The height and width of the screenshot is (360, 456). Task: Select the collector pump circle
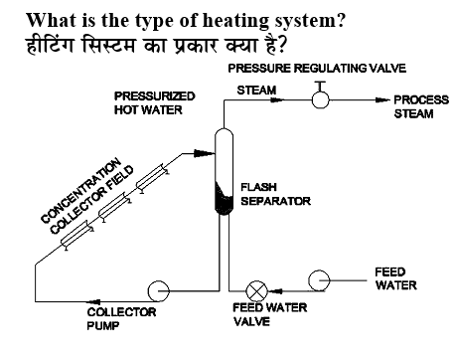(159, 289)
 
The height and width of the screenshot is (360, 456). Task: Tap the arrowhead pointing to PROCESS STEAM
(380, 100)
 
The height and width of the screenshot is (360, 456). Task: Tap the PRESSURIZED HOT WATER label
(154, 102)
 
